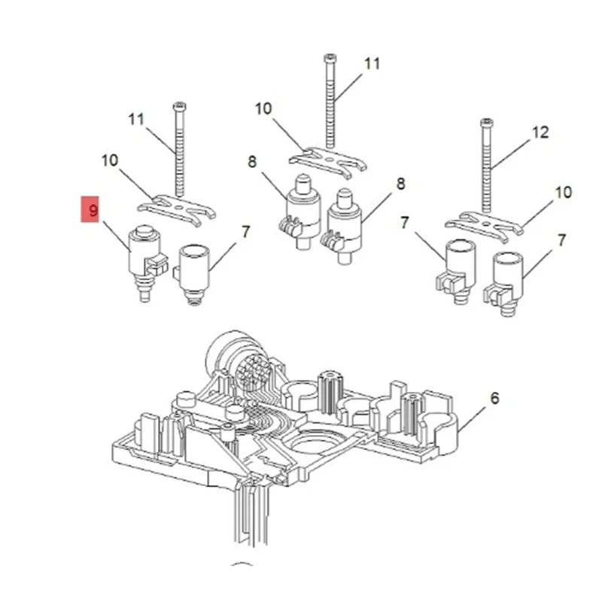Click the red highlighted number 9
[90, 209]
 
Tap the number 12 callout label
[540, 132]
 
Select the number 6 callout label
[495, 398]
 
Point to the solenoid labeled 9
[146, 262]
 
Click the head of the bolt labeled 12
[486, 123]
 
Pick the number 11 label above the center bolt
[372, 64]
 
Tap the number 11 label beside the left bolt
[136, 120]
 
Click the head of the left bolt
[179, 106]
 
